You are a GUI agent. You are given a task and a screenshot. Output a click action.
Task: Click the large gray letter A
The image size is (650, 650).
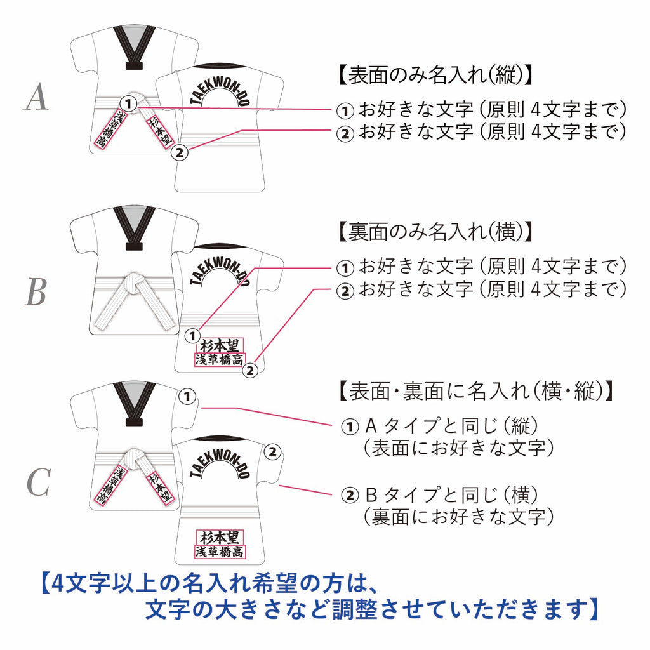pyautogui.click(x=36, y=96)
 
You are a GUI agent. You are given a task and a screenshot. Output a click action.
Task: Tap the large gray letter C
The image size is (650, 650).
pyautogui.click(x=39, y=482)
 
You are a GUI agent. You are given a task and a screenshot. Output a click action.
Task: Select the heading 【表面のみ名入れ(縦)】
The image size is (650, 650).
pyautogui.click(x=435, y=76)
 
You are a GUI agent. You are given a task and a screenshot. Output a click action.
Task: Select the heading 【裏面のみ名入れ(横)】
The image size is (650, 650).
pyautogui.click(x=435, y=232)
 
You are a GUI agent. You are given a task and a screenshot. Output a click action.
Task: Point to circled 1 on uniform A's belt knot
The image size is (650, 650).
pyautogui.click(x=128, y=103)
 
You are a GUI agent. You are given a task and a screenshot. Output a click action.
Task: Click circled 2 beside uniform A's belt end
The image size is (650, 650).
pyautogui.click(x=180, y=152)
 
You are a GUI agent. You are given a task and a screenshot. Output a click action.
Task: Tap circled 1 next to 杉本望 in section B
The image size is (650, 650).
pyautogui.click(x=192, y=336)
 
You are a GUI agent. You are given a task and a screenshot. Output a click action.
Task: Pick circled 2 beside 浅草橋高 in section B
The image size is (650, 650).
pyautogui.click(x=250, y=370)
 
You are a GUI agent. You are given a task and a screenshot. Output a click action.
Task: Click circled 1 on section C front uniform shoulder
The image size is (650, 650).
pyautogui.click(x=187, y=397)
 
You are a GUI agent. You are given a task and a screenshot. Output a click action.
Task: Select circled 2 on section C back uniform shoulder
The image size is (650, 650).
pyautogui.click(x=273, y=451)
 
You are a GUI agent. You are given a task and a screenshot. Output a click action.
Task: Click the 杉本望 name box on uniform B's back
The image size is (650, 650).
pyautogui.click(x=220, y=346)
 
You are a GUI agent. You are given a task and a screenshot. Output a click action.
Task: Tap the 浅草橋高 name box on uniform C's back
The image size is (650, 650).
pyautogui.click(x=220, y=552)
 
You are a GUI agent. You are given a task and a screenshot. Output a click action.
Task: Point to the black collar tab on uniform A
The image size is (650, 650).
pyautogui.click(x=134, y=66)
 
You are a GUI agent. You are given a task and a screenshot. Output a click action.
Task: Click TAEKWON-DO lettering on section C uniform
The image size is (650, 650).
pyautogui.click(x=220, y=461)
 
